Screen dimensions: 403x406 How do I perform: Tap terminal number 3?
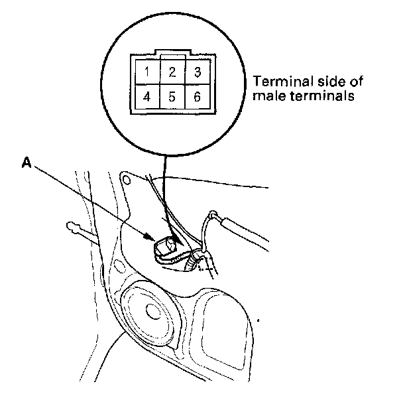pos(196,71)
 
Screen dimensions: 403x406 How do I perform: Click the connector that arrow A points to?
pos(166,248)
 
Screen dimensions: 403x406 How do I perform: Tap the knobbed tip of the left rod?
pos(72,228)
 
